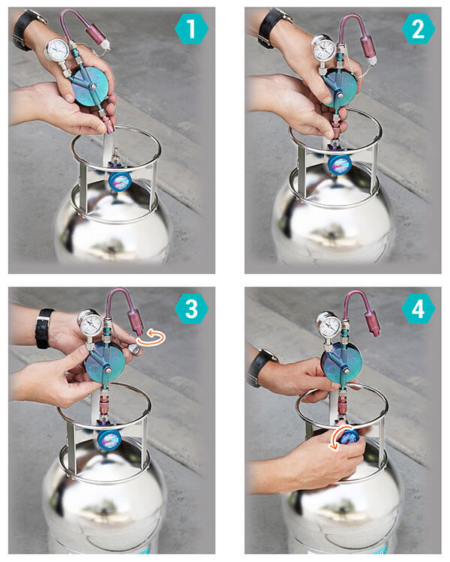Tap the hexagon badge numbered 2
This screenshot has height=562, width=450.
click(417, 29)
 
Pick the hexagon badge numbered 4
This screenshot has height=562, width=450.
click(417, 308)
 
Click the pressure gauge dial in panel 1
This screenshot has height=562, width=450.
click(56, 50)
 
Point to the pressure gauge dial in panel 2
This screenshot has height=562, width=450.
click(323, 49)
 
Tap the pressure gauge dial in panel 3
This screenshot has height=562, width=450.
click(90, 324)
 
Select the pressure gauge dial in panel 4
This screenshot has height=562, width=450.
click(328, 326)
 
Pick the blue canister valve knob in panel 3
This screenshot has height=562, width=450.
click(109, 439)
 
